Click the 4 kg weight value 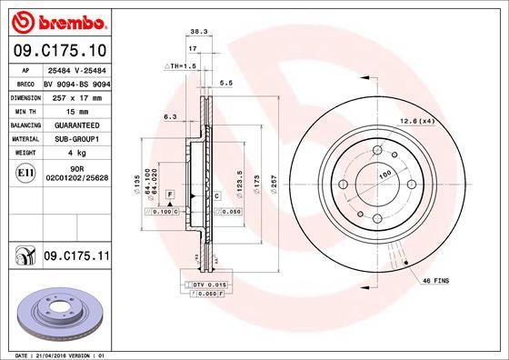click(75, 153)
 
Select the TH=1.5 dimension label click(180, 66)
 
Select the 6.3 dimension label click(170, 115)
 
